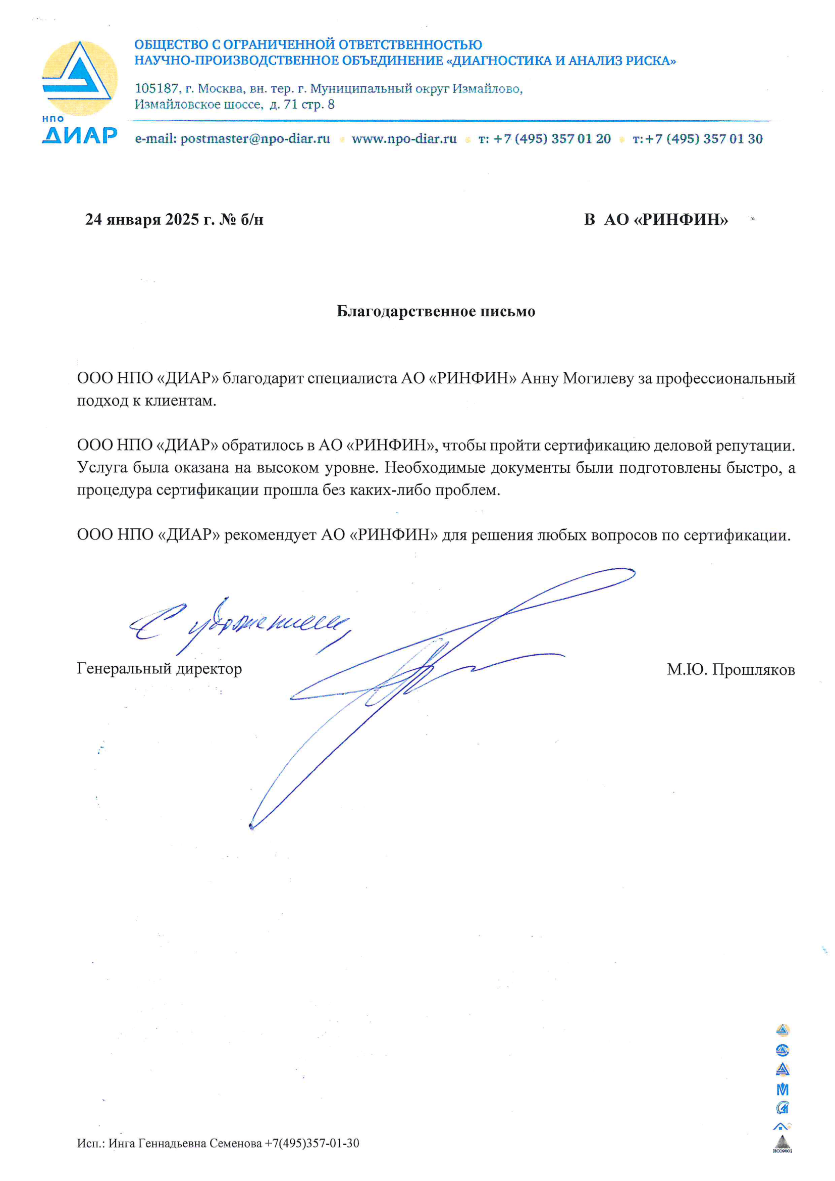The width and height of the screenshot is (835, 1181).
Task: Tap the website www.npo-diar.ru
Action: coord(404,139)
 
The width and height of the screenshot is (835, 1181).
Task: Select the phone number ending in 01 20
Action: coord(552,139)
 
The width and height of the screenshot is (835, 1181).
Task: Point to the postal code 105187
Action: coord(156,88)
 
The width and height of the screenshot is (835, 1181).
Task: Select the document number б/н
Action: coord(252,220)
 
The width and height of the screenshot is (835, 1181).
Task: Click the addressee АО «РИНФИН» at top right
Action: coord(666,220)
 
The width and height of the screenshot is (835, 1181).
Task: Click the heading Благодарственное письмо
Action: coord(436,311)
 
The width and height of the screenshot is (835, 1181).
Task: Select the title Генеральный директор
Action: coord(160,669)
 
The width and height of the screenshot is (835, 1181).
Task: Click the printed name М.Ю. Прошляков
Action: coord(730,670)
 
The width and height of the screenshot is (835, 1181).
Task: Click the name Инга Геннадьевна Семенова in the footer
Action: coord(185,1143)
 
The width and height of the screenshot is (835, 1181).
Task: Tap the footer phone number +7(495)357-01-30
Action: coord(311,1143)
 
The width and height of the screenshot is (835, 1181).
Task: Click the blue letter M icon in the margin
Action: coord(782,1090)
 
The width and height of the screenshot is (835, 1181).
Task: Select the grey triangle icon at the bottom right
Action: coord(782,1143)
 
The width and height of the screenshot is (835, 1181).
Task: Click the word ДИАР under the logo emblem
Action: coord(79,135)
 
